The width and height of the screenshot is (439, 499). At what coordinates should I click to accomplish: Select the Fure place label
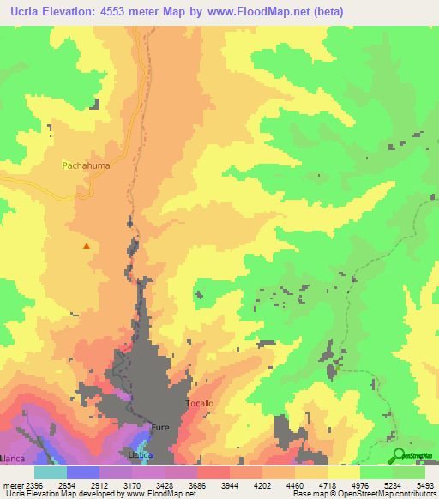click(x=161, y=426)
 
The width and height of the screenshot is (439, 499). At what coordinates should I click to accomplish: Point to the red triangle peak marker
click(x=86, y=246)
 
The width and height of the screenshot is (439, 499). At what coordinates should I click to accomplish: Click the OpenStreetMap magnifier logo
click(x=397, y=456)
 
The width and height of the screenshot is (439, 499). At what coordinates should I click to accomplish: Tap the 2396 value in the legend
click(x=35, y=484)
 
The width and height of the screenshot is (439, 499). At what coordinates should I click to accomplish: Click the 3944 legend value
click(x=230, y=484)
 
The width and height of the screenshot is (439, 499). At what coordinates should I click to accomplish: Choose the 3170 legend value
click(x=132, y=484)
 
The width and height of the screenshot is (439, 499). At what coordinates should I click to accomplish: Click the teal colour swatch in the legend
click(x=50, y=472)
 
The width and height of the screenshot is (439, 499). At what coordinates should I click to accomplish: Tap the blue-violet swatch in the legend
click(x=82, y=472)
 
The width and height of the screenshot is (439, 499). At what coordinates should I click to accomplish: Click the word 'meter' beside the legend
click(x=12, y=484)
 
